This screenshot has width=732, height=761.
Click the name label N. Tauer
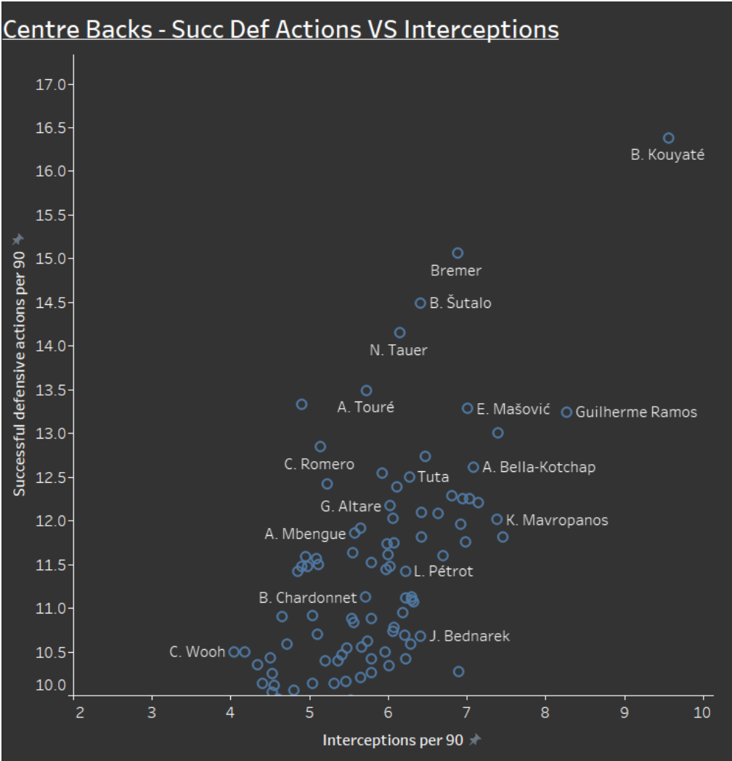(x=399, y=350)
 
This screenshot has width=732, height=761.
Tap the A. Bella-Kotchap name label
(x=539, y=467)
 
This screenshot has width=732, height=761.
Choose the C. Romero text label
(x=319, y=464)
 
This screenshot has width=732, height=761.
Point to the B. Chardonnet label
(x=308, y=598)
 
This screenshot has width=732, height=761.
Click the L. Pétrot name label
(x=443, y=571)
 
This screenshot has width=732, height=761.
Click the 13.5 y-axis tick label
(x=51, y=390)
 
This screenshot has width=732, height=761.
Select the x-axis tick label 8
(x=545, y=712)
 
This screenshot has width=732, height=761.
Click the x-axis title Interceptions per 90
(x=393, y=740)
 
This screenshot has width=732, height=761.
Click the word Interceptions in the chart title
(x=481, y=29)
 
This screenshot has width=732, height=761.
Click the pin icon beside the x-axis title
(x=475, y=739)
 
